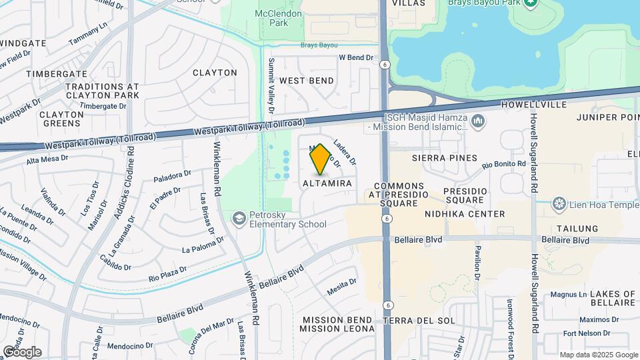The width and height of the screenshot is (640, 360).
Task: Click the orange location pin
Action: coord(321,159)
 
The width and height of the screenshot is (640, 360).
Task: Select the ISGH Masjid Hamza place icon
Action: coord(477,121)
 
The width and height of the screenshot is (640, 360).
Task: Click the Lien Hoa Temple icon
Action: coord(559,203)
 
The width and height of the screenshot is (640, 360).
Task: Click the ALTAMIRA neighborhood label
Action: coord(327,183)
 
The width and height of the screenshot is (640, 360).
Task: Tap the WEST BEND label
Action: coord(307,81)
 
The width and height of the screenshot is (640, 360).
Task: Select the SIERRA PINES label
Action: coord(445,158)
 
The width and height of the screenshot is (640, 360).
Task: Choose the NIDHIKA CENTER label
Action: coord(465,214)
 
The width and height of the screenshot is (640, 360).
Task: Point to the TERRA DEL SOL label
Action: coord(419,321)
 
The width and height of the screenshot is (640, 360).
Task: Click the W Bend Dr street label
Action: coord(356,58)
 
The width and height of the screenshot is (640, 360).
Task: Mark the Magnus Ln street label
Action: coord(568,294)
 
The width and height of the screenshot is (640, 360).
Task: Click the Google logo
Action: coord(22,351)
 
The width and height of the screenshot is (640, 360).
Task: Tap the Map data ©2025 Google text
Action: coord(597,355)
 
